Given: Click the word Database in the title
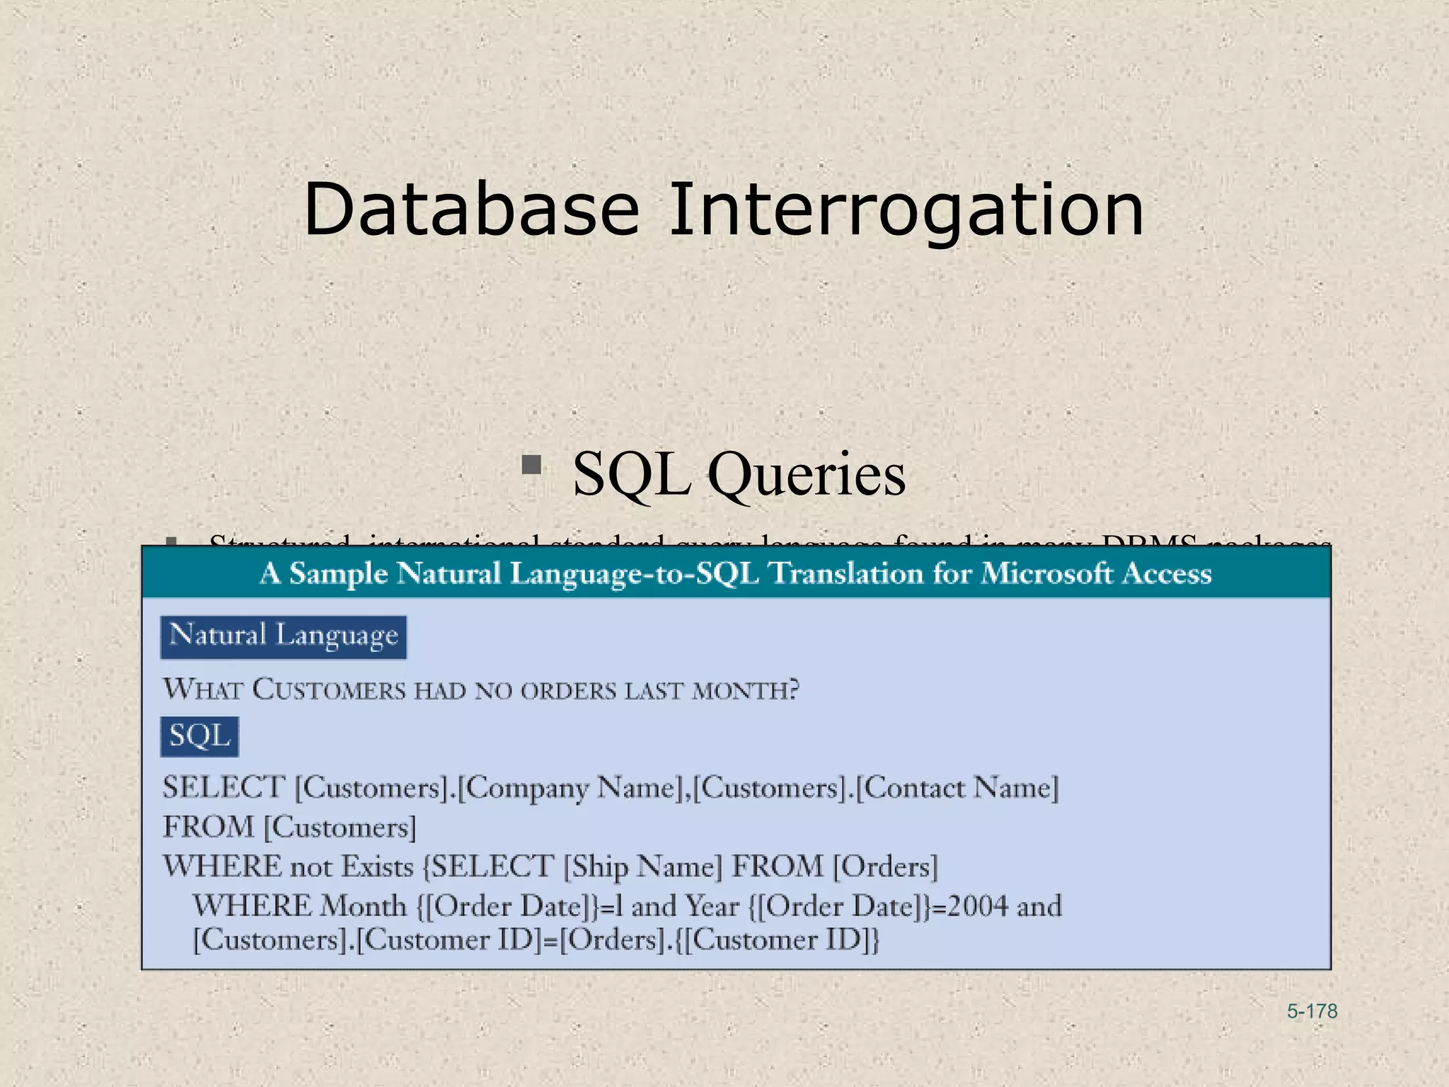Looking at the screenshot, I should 471,210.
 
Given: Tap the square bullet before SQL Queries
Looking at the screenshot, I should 531,465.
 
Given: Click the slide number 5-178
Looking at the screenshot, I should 1312,1011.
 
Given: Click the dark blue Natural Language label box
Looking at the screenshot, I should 284,637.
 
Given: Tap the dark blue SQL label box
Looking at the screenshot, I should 200,737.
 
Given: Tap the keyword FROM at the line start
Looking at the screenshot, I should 208,827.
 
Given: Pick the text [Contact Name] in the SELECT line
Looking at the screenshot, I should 957,788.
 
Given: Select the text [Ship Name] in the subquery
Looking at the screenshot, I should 642,867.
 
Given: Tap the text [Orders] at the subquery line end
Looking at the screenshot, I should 884,867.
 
